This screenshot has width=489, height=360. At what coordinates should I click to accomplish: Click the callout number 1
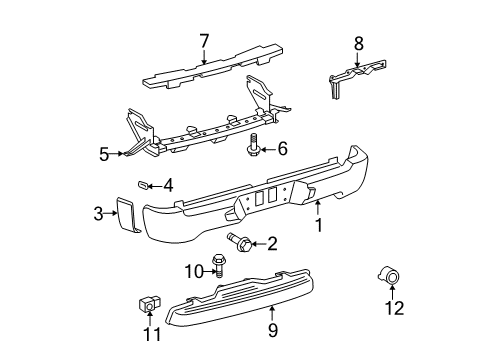point(319,226)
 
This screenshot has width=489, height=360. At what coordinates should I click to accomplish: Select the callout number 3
point(99,212)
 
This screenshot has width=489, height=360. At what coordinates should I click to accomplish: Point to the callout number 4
point(168,185)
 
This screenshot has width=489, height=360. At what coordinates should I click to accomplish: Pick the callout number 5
point(104,154)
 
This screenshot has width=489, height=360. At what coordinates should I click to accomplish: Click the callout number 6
point(282,149)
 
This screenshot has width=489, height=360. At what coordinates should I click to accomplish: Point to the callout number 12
point(395,335)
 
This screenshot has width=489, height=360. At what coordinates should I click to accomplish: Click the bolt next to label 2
point(240,241)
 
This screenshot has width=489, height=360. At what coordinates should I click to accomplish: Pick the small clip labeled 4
point(143,184)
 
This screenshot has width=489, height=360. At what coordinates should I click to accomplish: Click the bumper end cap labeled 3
point(128,217)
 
